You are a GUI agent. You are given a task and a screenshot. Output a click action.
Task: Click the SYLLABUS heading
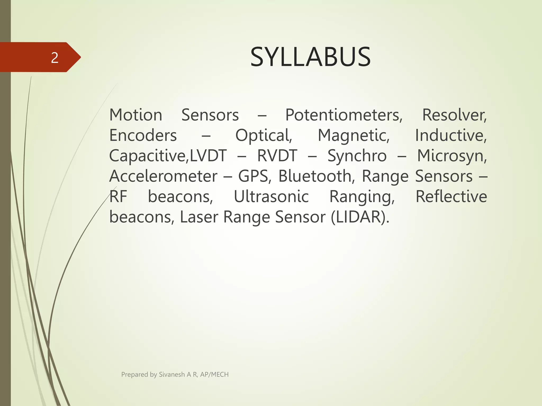click(x=310, y=57)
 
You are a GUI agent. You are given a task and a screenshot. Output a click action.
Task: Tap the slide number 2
click(x=55, y=58)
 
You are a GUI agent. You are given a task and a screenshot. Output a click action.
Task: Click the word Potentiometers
click(x=344, y=115)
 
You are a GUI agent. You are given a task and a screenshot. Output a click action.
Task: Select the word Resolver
click(x=454, y=115)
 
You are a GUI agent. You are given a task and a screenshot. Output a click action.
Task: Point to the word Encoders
click(x=143, y=136)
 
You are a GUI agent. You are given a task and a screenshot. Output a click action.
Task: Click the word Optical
click(x=264, y=136)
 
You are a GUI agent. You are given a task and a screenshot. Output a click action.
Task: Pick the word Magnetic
click(x=354, y=136)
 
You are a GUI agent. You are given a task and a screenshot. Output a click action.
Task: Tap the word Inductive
click(x=451, y=136)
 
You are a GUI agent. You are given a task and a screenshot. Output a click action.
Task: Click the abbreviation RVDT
click(x=277, y=156)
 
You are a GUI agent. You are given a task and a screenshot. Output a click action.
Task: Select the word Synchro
click(x=357, y=156)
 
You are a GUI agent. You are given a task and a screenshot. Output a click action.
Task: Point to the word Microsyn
click(x=452, y=156)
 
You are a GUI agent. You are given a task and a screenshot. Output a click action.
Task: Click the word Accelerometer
click(x=163, y=176)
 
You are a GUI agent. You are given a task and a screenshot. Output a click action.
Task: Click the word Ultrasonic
click(x=271, y=197)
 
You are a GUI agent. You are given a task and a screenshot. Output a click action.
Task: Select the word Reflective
click(x=451, y=197)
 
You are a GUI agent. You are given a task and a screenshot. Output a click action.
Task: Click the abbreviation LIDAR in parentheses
click(x=360, y=217)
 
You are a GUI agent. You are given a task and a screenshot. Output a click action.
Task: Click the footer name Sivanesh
click(x=171, y=375)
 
